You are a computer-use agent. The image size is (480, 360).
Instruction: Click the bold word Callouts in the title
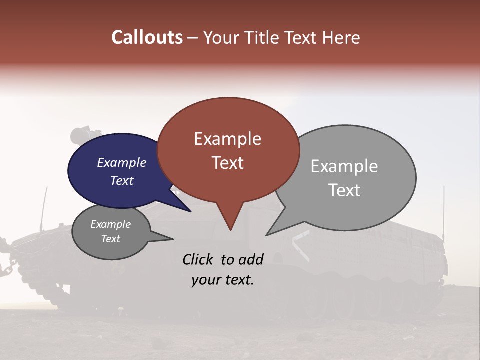click(x=147, y=38)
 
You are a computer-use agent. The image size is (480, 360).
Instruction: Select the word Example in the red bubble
click(x=227, y=139)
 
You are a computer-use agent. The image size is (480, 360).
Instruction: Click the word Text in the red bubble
click(x=227, y=163)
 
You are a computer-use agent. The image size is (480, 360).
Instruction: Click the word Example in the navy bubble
click(x=121, y=162)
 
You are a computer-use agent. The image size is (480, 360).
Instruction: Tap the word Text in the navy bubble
click(x=121, y=180)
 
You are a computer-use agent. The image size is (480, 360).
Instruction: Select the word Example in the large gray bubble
click(x=344, y=166)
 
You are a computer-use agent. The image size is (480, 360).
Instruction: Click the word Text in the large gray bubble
click(x=344, y=190)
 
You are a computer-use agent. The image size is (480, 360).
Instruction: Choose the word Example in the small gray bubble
click(x=110, y=224)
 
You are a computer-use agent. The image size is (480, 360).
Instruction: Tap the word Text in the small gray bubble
click(x=110, y=239)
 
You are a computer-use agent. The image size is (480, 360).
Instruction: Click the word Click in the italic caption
click(x=198, y=259)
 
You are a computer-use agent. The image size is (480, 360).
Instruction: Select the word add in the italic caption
click(x=251, y=259)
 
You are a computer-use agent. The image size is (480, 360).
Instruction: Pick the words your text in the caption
click(x=222, y=280)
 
